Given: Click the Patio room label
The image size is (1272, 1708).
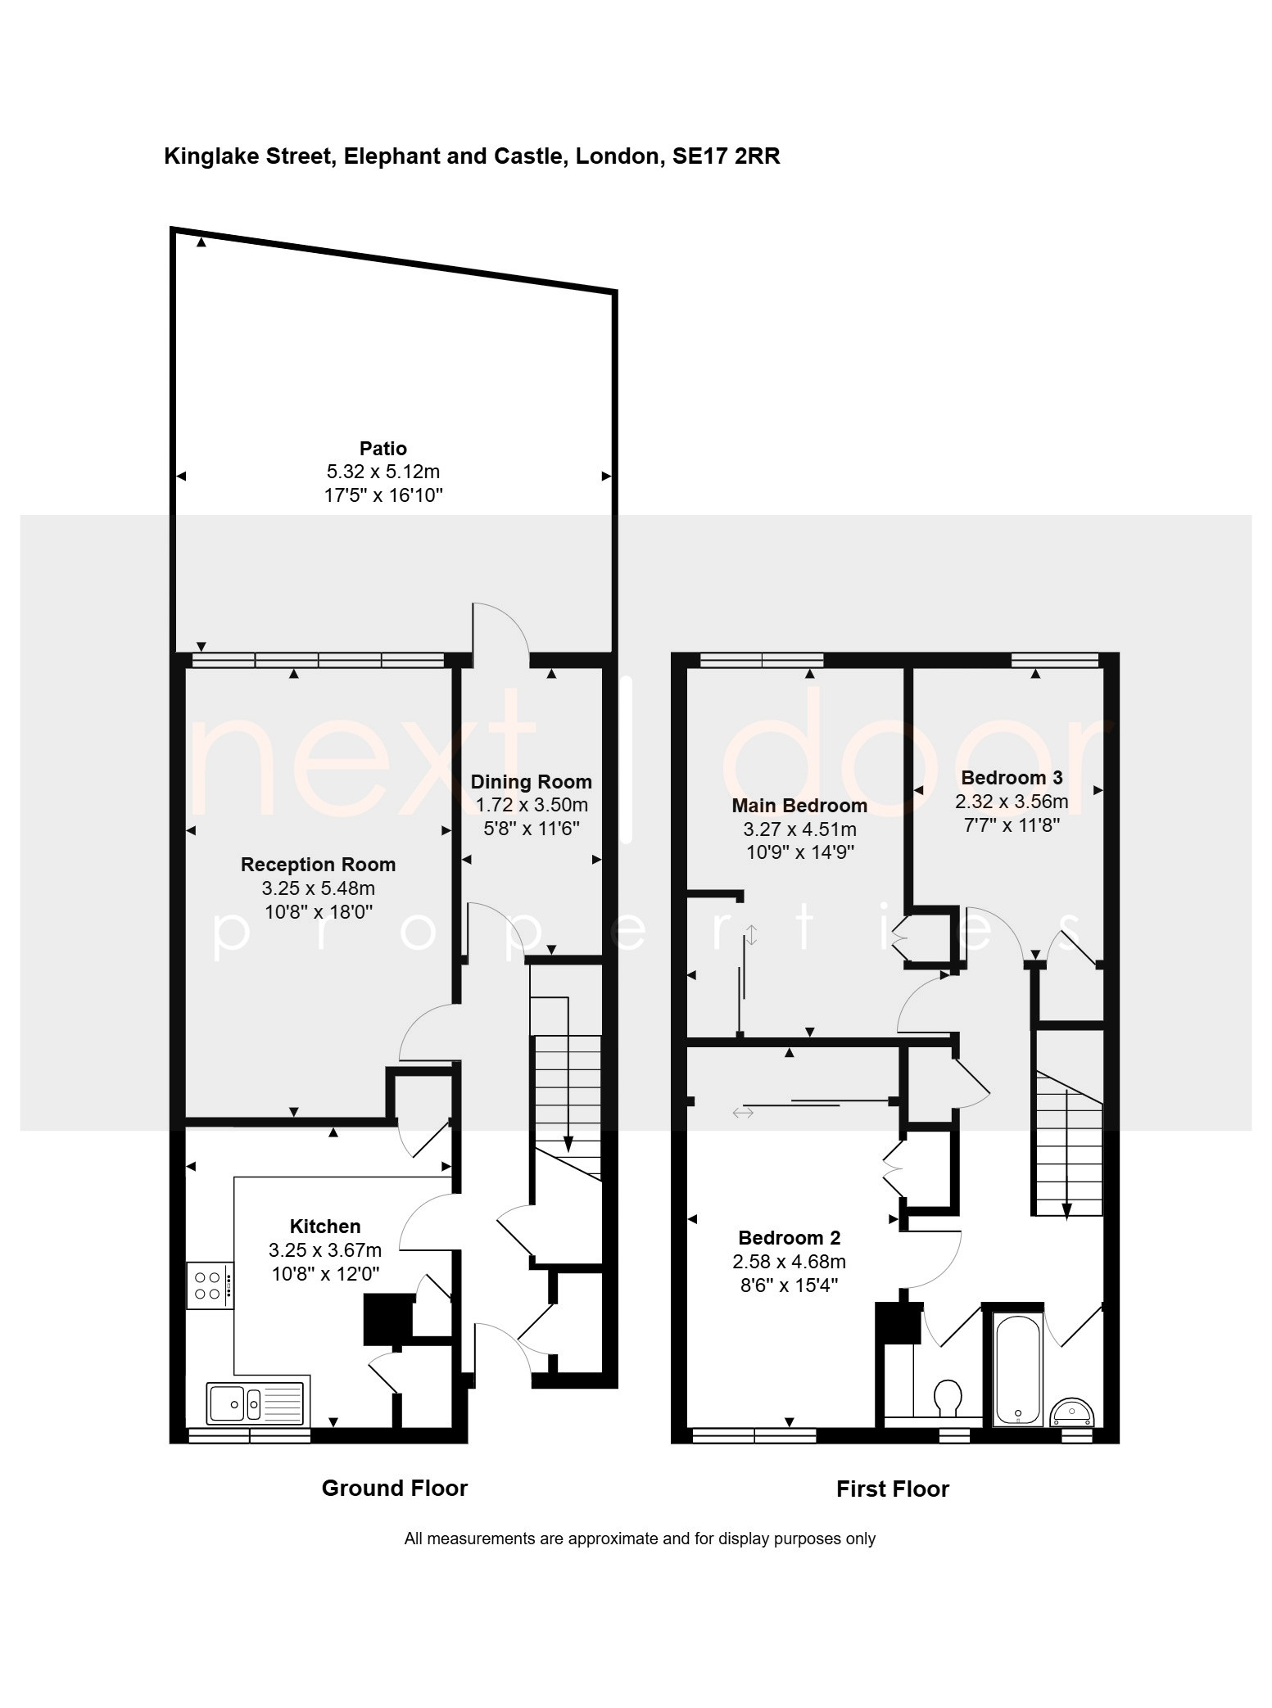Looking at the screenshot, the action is click(383, 449).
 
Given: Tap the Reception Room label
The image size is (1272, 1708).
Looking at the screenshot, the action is click(318, 865).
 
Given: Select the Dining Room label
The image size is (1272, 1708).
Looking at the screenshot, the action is click(531, 782).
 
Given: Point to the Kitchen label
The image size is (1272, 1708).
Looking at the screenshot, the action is click(325, 1227).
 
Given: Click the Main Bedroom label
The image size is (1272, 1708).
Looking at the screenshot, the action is click(799, 806).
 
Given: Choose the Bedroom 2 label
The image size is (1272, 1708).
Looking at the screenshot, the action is click(790, 1238).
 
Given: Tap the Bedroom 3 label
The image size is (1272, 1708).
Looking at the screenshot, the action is click(1012, 778).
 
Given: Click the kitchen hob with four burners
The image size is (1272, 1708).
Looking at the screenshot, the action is click(210, 1286).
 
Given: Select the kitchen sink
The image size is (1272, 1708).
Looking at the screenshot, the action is click(256, 1403).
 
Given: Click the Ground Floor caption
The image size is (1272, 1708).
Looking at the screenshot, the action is click(394, 1488).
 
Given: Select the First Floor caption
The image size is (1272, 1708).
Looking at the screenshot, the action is click(892, 1489).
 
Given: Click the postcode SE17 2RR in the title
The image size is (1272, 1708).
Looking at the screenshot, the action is click(726, 156).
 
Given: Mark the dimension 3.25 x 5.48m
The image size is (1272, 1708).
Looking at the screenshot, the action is click(318, 888).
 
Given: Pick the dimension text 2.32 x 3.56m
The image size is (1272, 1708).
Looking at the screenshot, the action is click(1012, 802).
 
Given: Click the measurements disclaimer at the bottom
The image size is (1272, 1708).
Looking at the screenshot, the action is click(640, 1539).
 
